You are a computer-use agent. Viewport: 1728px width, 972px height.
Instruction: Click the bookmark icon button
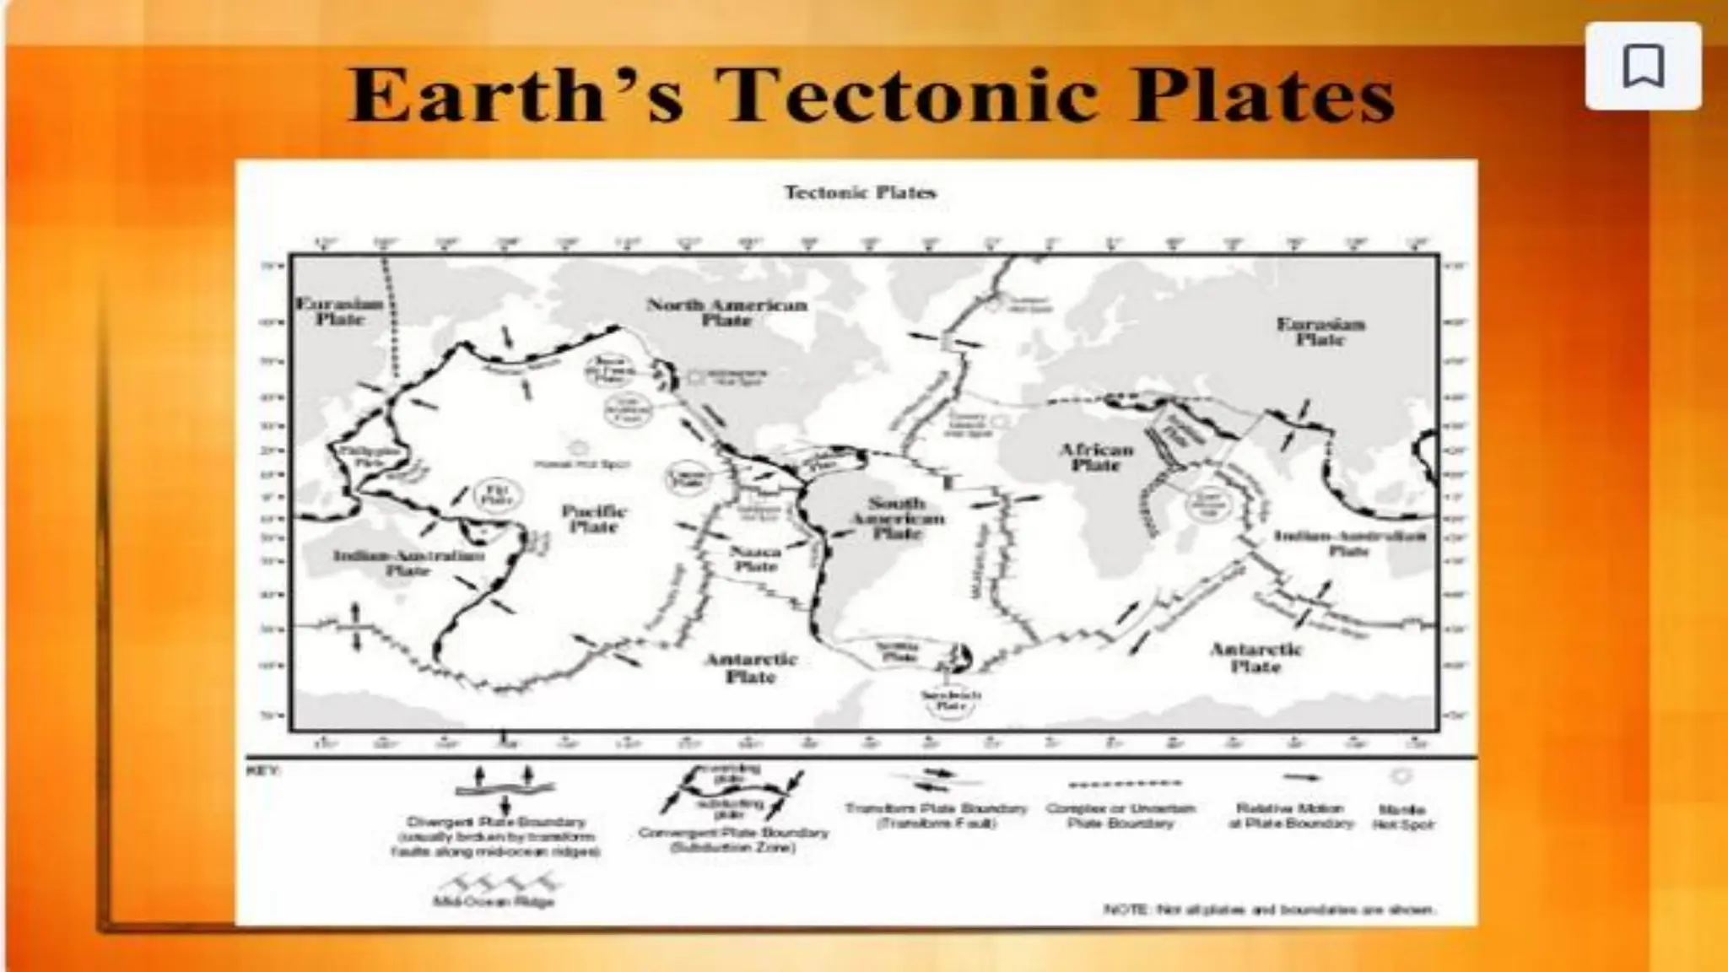pos(1643,67)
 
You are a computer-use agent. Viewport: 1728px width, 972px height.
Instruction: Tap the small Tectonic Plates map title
pos(860,192)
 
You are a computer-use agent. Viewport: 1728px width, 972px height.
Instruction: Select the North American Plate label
pos(726,312)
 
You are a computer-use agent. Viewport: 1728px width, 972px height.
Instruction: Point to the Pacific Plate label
pos(594,519)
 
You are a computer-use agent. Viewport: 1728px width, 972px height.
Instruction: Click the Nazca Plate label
pos(755,559)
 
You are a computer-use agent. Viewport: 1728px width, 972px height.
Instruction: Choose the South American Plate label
pos(897,518)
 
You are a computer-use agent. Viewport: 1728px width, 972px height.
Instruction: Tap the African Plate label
pos(1096,456)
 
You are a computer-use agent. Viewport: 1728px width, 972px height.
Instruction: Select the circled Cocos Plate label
pos(687,478)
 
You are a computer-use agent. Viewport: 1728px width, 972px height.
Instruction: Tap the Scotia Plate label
pos(896,650)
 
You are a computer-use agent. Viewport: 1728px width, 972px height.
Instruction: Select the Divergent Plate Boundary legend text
pos(495,836)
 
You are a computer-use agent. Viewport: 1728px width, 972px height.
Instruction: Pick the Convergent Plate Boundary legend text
pos(733,840)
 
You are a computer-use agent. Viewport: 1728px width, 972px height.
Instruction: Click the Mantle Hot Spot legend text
pos(1402,817)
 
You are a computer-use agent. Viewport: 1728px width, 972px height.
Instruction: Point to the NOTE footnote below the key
pos(1269,910)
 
